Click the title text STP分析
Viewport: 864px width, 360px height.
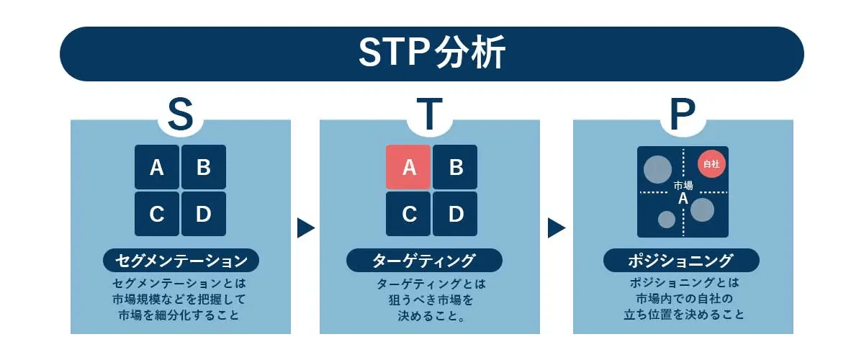pyautogui.click(x=431, y=53)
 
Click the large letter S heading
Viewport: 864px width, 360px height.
pyautogui.click(x=180, y=114)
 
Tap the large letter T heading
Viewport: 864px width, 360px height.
pyautogui.click(x=429, y=114)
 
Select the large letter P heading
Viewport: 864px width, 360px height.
pyautogui.click(x=682, y=114)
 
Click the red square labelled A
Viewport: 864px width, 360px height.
pyautogui.click(x=408, y=167)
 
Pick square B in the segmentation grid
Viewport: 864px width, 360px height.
pyautogui.click(x=204, y=167)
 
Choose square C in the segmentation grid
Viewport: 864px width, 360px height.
pyautogui.click(x=157, y=214)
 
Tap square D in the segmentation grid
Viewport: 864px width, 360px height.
pyautogui.click(x=204, y=214)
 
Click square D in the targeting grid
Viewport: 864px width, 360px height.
pyautogui.click(x=455, y=214)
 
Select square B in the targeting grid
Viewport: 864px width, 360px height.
pyautogui.click(x=455, y=167)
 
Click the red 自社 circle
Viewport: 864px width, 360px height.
pyautogui.click(x=711, y=163)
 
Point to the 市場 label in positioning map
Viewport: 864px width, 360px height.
pyautogui.click(x=683, y=186)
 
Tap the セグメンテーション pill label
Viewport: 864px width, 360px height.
pyautogui.click(x=181, y=260)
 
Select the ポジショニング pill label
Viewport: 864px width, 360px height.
pyautogui.click(x=681, y=260)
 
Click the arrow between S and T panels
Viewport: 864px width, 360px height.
pyautogui.click(x=305, y=228)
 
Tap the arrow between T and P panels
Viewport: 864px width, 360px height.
pyautogui.click(x=556, y=228)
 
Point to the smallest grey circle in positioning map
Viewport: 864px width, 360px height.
pyautogui.click(x=667, y=220)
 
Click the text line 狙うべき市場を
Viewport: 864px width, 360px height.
pyautogui.click(x=430, y=299)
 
